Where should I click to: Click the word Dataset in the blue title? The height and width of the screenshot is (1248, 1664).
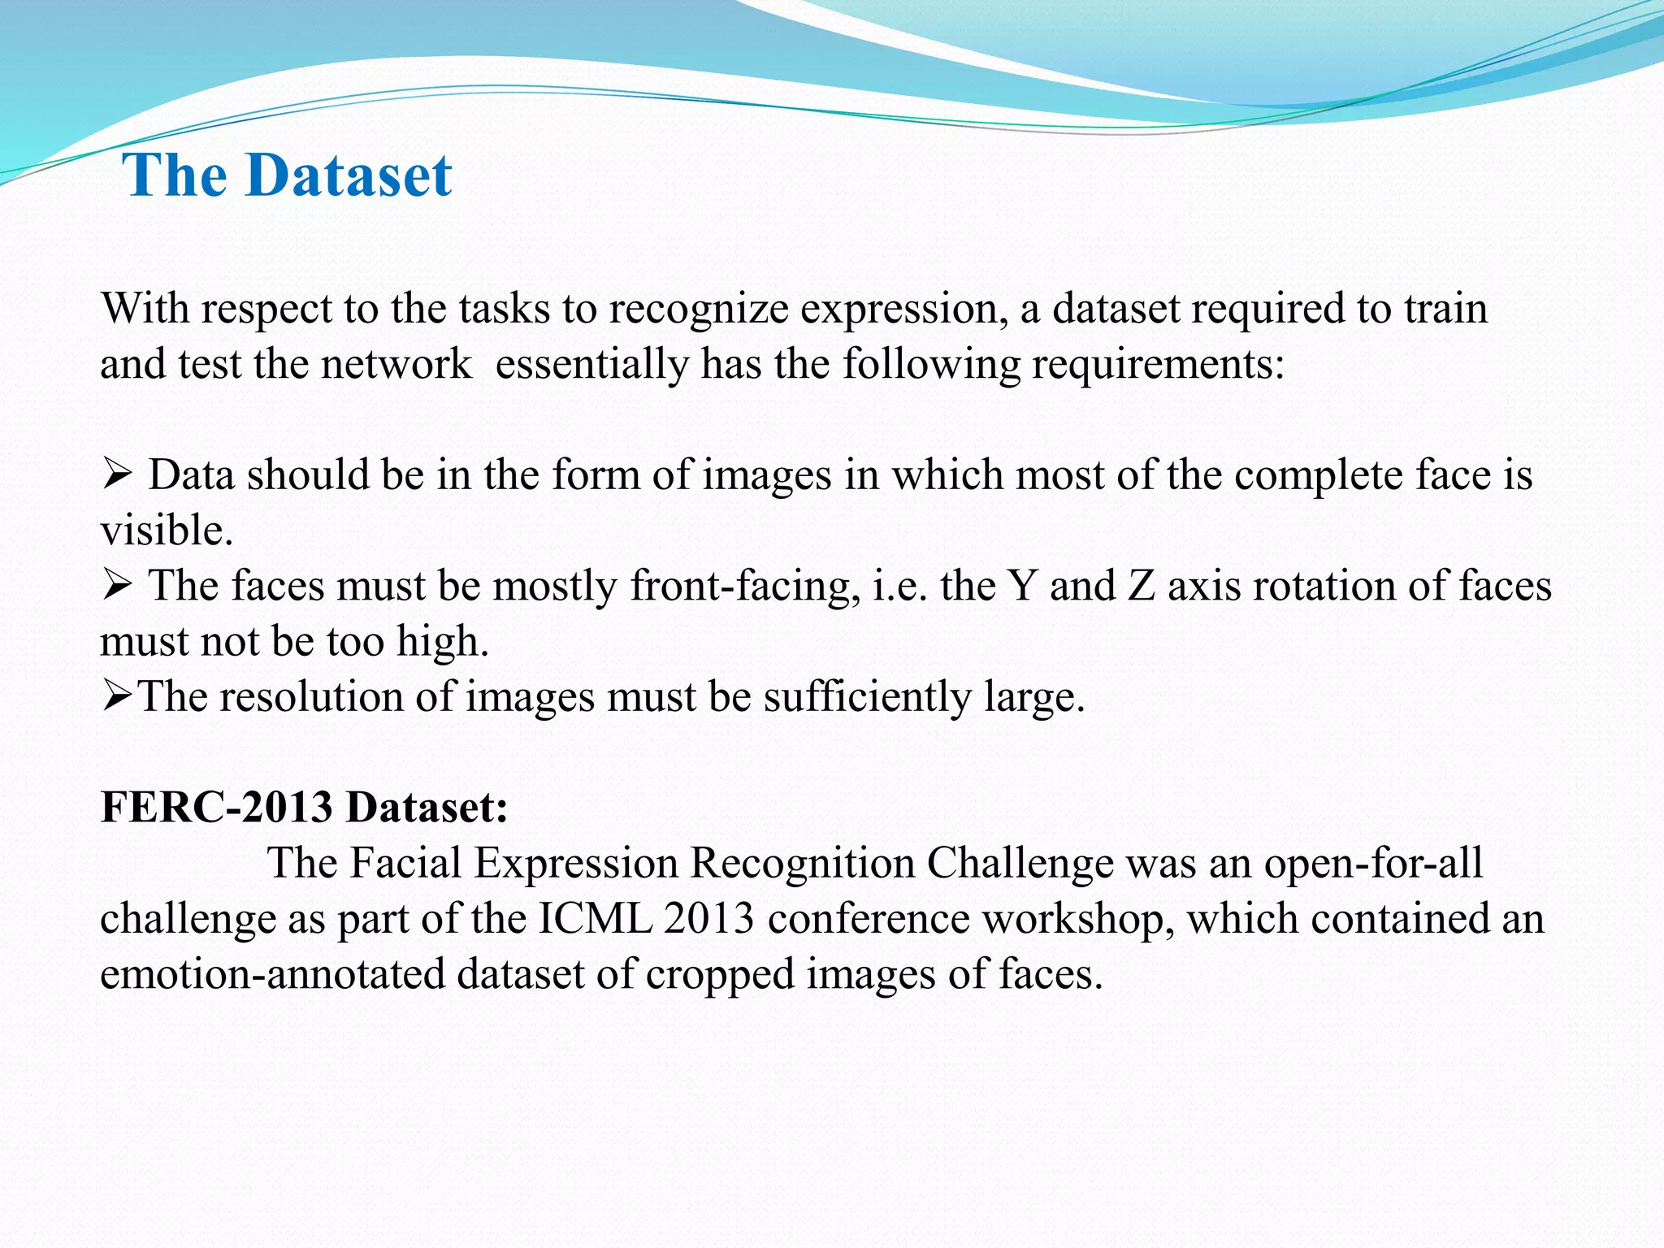(348, 175)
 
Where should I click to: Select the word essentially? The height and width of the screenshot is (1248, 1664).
(591, 364)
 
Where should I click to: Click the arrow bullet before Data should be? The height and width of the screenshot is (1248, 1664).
(117, 474)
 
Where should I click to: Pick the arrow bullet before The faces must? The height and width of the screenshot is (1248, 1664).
(117, 585)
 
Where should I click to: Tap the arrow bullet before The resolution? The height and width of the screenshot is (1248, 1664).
(117, 696)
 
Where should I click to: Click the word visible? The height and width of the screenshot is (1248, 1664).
(166, 531)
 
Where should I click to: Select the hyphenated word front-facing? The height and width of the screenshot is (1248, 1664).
(744, 586)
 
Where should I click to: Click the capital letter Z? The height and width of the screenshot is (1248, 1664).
(1142, 586)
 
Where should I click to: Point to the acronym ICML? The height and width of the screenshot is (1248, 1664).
(595, 919)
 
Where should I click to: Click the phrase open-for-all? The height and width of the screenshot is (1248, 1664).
(1373, 863)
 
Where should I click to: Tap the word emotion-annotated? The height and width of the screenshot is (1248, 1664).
(273, 974)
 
